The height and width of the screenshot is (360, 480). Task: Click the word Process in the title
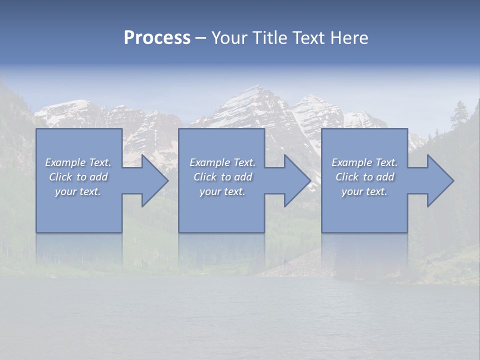click(157, 38)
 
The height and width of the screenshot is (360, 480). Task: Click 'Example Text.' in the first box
click(78, 162)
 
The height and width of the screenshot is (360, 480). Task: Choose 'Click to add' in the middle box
click(222, 177)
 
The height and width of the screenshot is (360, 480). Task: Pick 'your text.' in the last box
click(364, 191)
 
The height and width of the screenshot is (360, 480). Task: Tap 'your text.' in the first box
click(78, 191)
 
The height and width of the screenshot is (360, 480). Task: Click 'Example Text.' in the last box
click(364, 162)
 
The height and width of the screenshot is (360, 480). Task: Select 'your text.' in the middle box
click(222, 191)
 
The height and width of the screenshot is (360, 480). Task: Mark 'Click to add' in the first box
click(78, 177)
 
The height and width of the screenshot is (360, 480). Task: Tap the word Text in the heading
click(307, 38)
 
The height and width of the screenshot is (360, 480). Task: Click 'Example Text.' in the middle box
click(222, 162)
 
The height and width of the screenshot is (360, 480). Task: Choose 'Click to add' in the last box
click(364, 177)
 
